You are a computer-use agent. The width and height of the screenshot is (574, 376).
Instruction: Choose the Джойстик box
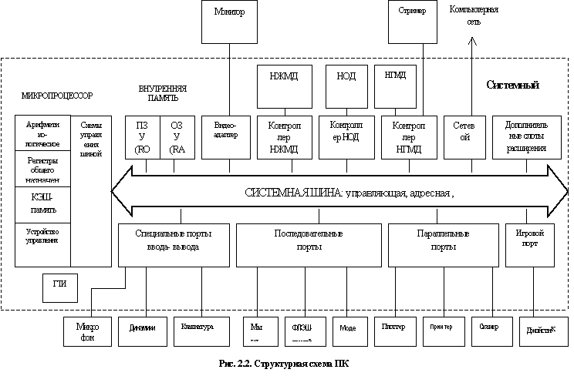tap(538, 330)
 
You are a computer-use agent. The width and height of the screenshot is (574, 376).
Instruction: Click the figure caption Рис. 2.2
tap(286, 362)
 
